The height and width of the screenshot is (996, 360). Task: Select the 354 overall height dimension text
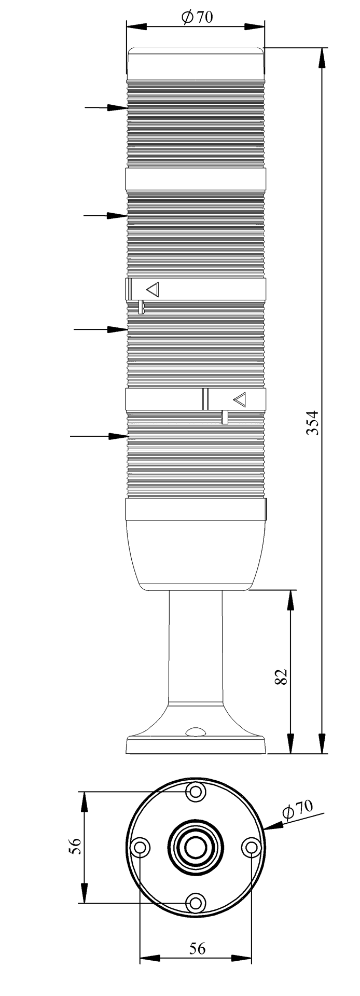[x=312, y=422]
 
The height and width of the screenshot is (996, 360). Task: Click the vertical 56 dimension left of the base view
[x=75, y=847]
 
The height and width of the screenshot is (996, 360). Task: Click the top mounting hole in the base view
[x=196, y=792]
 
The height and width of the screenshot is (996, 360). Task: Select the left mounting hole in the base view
[x=140, y=848]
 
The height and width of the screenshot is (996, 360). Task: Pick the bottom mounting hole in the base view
[x=196, y=903]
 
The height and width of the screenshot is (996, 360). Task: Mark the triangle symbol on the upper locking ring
[x=153, y=289]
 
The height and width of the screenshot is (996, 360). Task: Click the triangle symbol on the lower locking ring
[x=239, y=399]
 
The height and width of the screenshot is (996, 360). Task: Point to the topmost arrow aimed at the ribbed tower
[x=106, y=107]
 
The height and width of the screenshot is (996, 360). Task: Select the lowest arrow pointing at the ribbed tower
[x=99, y=436]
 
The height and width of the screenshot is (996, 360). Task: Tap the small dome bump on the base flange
[x=196, y=732]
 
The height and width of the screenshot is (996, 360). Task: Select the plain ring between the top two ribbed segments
[x=196, y=179]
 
